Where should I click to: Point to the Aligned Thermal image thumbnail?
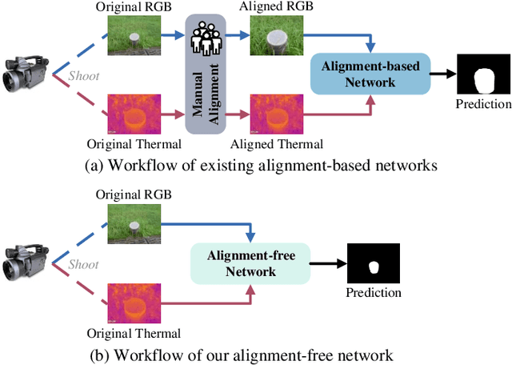point(273,114)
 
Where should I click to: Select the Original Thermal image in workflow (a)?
point(134,114)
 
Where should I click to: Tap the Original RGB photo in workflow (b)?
point(134,222)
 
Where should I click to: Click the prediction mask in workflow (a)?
point(482,76)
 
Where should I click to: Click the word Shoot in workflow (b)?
point(83,264)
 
